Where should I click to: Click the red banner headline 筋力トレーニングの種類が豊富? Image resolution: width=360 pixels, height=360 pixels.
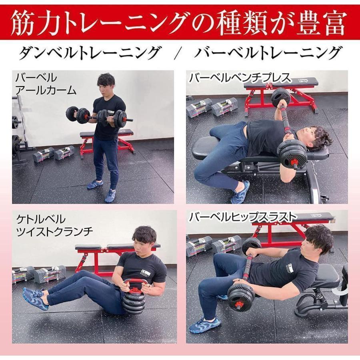pos(180,23)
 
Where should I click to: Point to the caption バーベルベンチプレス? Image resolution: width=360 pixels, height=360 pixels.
pos(240,78)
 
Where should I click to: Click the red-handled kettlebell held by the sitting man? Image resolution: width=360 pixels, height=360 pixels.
pos(134,296)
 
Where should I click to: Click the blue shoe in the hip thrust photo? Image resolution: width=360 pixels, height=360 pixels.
pos(204,324)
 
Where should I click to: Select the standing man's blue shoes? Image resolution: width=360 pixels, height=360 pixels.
pos(102,190)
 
